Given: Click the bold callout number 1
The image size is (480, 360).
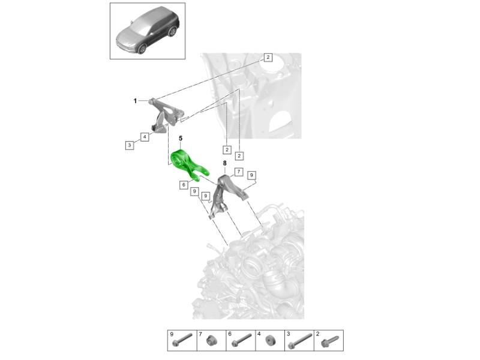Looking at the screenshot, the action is click(x=135, y=101).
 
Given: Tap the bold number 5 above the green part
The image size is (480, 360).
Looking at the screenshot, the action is click(x=181, y=139).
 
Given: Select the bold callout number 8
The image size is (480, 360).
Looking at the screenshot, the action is click(x=225, y=163).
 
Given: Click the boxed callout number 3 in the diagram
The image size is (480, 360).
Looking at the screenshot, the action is click(x=130, y=145).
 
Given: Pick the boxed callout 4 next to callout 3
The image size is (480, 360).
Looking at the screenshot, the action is click(x=145, y=137).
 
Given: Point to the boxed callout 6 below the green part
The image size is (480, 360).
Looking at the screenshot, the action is click(x=184, y=185).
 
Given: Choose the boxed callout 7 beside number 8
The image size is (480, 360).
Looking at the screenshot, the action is click(x=239, y=172).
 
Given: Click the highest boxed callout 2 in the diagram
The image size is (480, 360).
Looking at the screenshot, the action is click(x=268, y=57).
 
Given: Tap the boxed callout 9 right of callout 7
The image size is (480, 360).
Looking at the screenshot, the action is click(x=251, y=175).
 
